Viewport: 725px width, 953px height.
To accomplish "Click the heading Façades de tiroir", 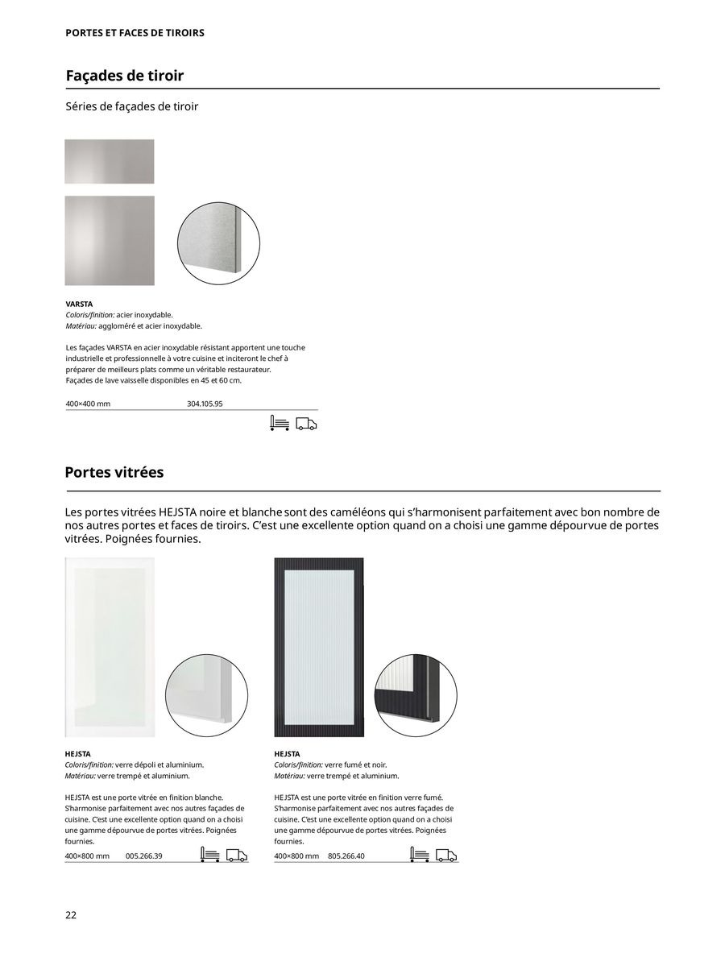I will point(124,76).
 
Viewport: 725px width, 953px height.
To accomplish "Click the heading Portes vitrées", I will point(114,472).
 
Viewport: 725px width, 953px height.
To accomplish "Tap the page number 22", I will point(71,915).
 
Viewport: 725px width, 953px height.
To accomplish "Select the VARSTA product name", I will point(79,305).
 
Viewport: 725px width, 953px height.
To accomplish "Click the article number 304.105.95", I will point(205,404).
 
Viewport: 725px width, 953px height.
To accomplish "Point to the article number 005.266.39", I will point(144,856).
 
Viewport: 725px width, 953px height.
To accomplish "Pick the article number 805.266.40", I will point(346,856).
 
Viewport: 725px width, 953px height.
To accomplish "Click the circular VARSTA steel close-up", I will point(218,242).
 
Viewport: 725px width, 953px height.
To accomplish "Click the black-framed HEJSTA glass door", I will point(319,647).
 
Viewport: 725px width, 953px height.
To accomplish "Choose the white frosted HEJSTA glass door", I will point(110,647).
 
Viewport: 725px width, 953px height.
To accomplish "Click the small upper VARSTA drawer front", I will point(110,161).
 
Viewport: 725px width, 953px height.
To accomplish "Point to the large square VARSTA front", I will point(110,240).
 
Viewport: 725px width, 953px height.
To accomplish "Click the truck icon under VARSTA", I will point(306,424).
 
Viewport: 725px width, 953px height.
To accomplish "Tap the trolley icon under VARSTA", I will point(280,424).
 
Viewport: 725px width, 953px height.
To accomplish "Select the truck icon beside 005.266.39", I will point(236,856).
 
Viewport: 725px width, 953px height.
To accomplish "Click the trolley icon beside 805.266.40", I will point(419,855).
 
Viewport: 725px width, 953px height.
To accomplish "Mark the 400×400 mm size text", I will point(88,404).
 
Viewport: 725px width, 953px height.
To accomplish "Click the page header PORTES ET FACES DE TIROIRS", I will point(135,33).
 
